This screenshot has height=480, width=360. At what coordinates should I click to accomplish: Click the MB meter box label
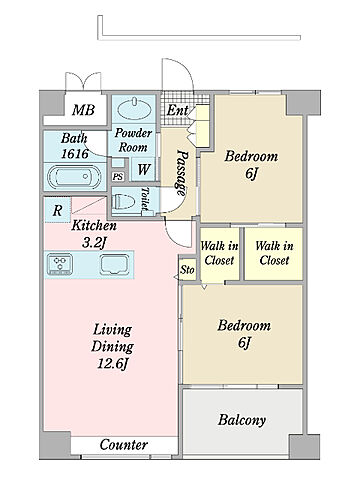point(84,110)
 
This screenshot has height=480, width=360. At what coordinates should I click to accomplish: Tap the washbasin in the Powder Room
point(134,108)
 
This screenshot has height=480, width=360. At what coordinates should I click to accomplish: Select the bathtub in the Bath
point(74,177)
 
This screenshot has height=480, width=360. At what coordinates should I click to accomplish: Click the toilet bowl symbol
point(124,202)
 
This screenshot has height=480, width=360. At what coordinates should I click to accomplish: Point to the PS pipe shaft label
point(117,176)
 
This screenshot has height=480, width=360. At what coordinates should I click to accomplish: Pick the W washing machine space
point(144,169)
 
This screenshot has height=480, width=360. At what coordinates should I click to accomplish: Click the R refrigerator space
point(58,210)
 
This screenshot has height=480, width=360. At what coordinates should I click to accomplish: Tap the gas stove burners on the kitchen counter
point(60,264)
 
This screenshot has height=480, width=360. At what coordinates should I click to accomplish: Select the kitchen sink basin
point(115,265)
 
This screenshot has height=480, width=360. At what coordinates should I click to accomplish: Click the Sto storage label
point(187,270)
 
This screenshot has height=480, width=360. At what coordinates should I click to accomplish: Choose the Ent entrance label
point(177,110)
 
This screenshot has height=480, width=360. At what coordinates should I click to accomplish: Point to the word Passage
point(182,173)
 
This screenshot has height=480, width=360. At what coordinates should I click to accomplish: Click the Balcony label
point(242,421)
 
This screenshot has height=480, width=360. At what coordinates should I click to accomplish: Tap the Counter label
point(124,445)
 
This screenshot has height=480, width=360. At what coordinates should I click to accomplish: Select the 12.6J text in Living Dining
point(113,363)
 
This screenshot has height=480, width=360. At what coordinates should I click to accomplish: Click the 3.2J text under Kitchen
point(94,243)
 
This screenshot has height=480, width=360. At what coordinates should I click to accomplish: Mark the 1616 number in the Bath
point(75,154)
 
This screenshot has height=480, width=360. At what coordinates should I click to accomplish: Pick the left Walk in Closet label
point(219,253)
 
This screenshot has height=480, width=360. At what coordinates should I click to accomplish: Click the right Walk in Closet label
point(274,253)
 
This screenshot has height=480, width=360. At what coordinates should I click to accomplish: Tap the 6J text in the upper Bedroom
point(251,173)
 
